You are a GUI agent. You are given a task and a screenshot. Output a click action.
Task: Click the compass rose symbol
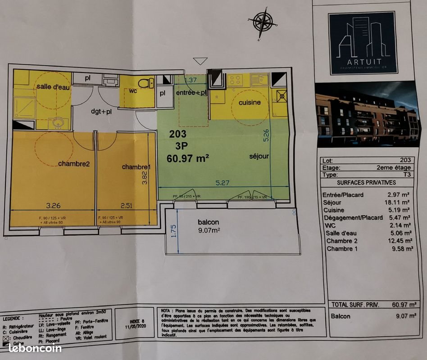(263, 23)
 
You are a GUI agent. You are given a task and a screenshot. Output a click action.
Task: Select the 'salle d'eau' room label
(53, 87)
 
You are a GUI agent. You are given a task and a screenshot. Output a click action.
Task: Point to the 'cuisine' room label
(250, 102)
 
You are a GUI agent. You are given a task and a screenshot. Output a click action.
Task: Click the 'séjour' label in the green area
(259, 156)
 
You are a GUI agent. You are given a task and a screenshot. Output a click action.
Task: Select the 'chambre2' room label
(74, 164)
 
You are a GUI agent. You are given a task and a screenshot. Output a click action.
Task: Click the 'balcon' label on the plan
(208, 222)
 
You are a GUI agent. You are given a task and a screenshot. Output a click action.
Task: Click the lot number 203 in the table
(405, 160)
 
